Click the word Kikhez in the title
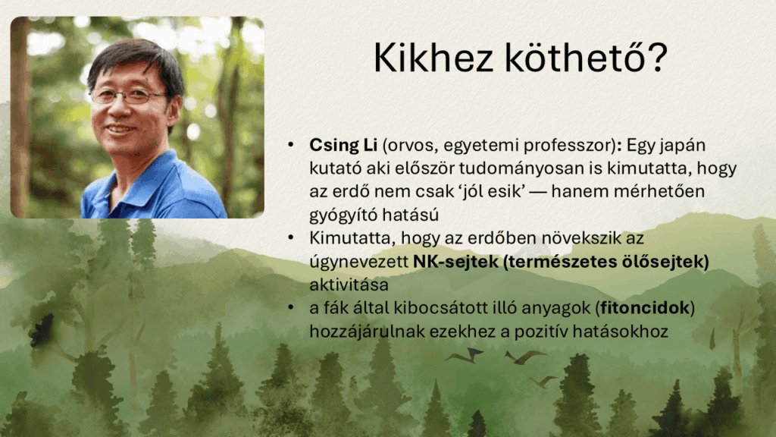(433, 58)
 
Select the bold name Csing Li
(343, 145)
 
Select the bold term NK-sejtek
(455, 261)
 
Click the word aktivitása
(349, 285)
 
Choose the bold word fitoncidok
(645, 308)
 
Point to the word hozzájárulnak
(367, 331)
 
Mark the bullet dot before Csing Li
(291, 145)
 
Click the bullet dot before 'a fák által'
(291, 307)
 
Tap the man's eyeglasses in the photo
(130, 95)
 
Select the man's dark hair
(136, 62)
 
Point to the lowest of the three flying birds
(543, 381)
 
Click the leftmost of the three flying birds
(465, 355)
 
